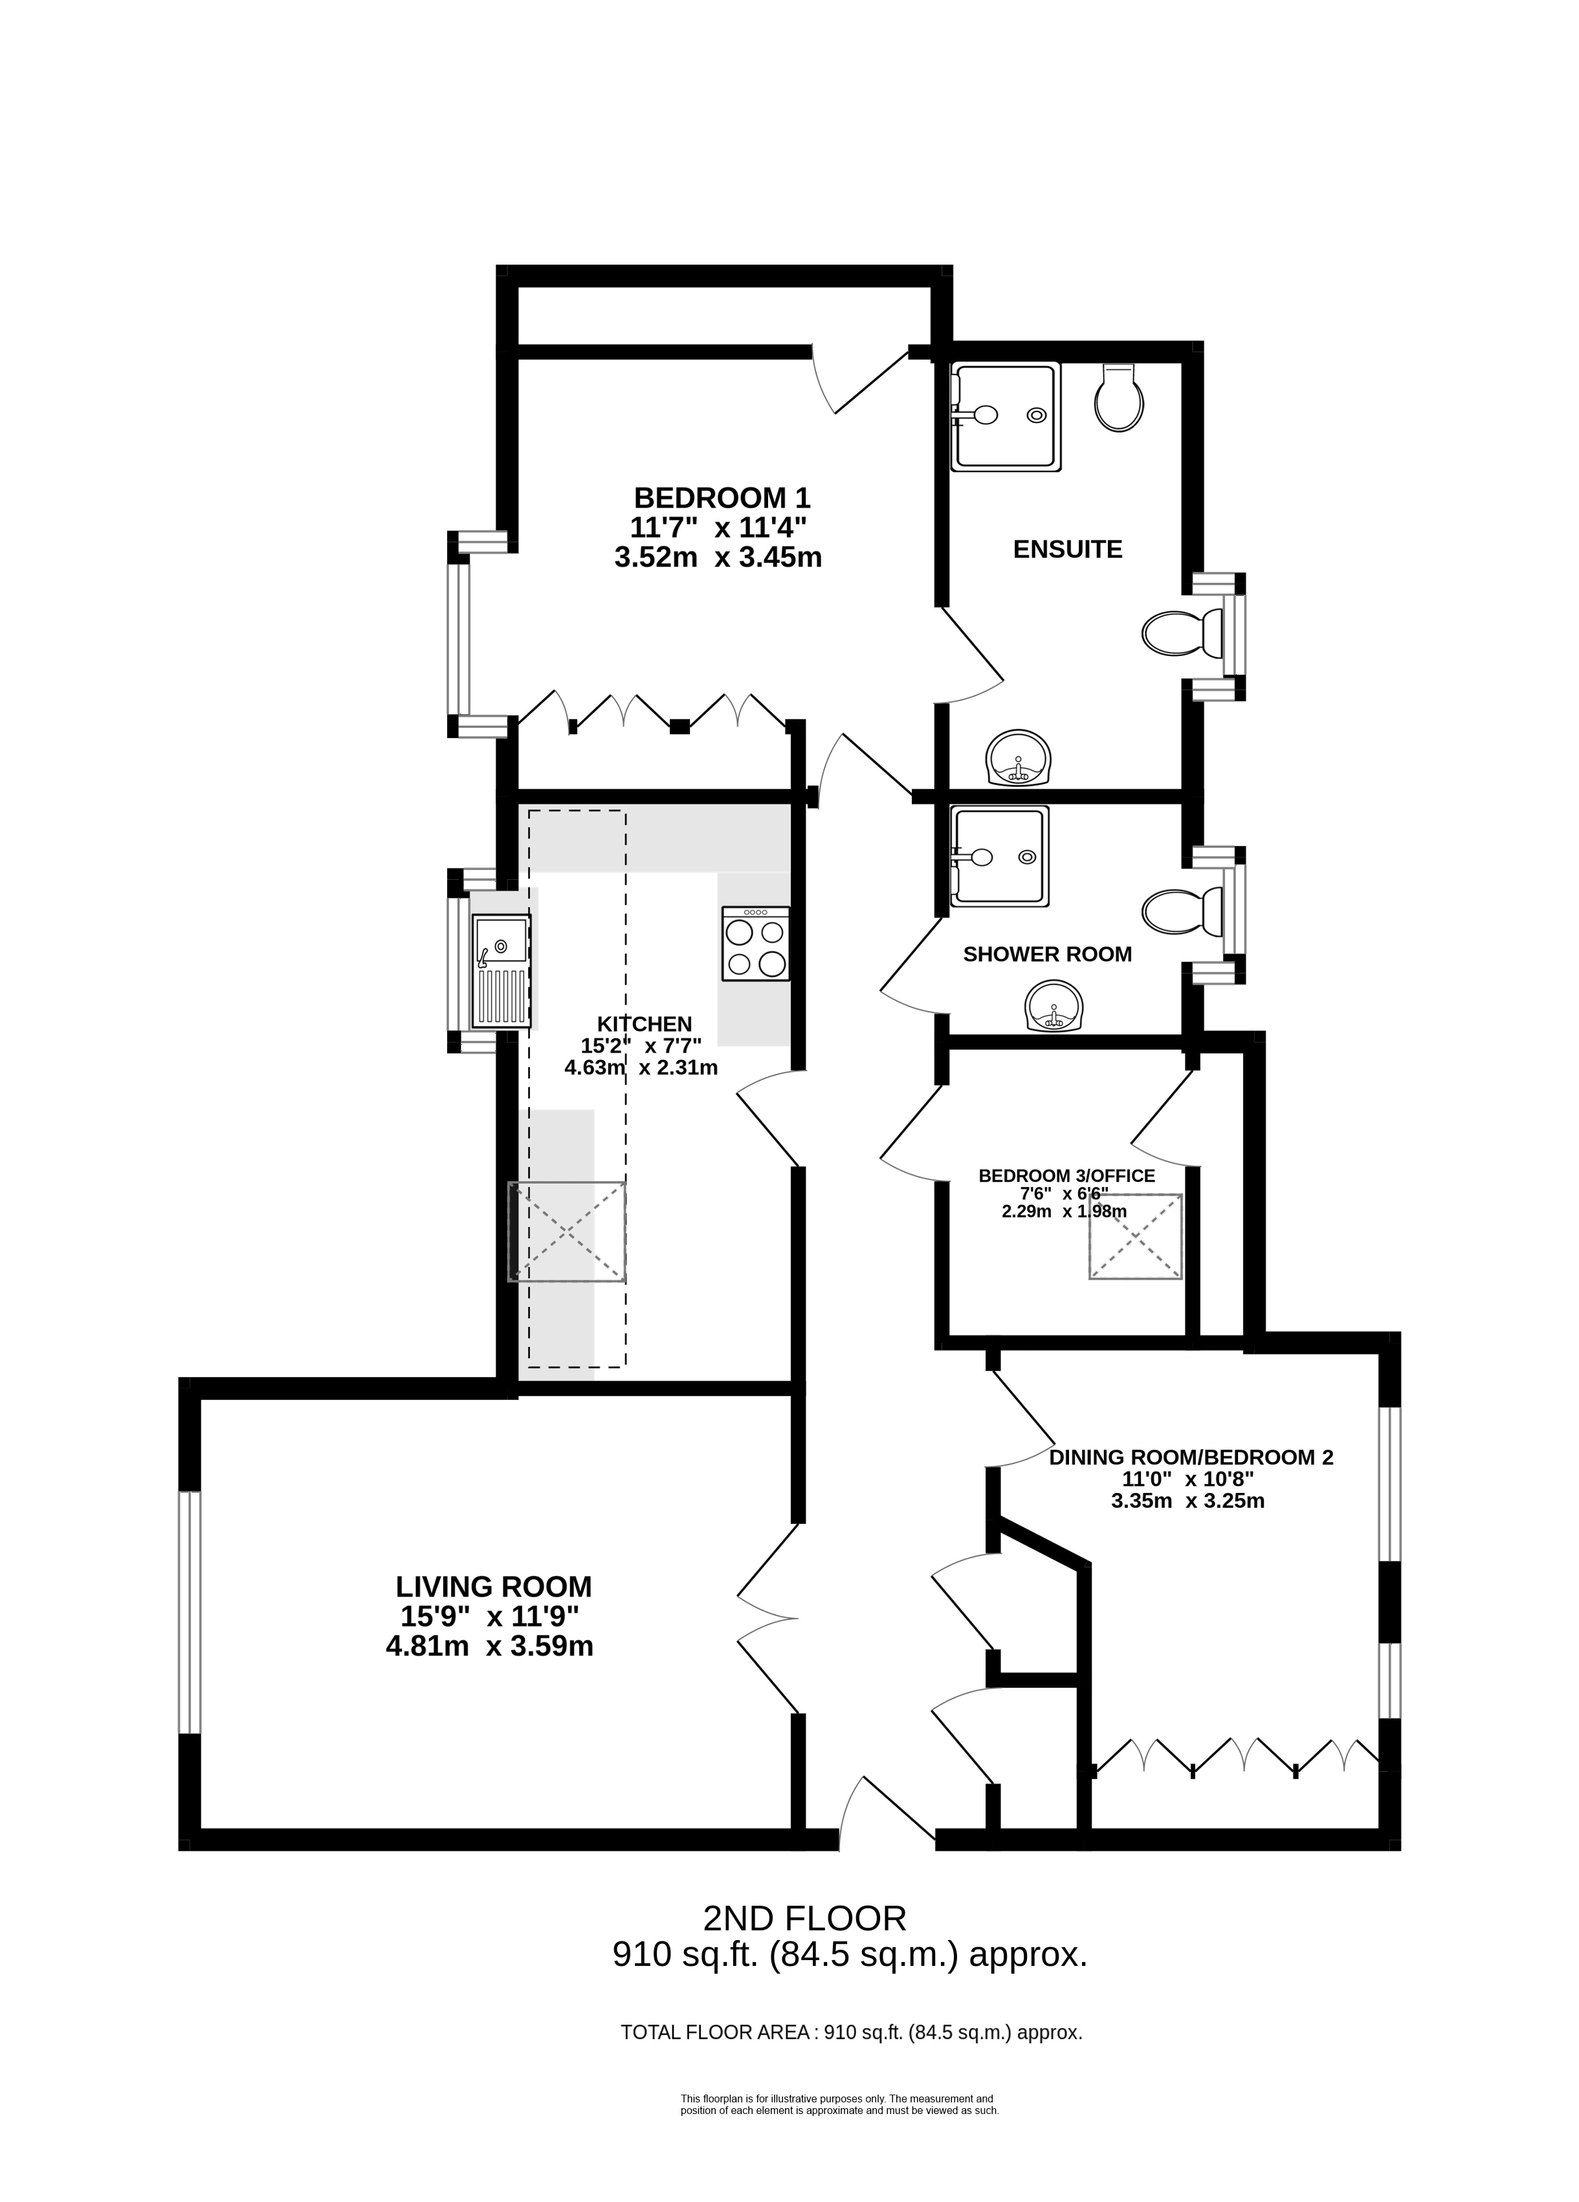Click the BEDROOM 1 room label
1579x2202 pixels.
[722, 498]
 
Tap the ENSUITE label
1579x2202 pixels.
[1067, 549]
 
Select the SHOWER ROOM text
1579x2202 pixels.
[1047, 954]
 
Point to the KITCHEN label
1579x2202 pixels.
[644, 1023]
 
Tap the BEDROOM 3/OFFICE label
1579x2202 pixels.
[1066, 1176]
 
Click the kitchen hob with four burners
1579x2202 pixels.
[755, 943]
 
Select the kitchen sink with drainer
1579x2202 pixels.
[501, 971]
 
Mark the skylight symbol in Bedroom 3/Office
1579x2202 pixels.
[1135, 1236]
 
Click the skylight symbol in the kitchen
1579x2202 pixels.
[567, 1231]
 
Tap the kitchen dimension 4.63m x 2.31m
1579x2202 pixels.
[641, 1068]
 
